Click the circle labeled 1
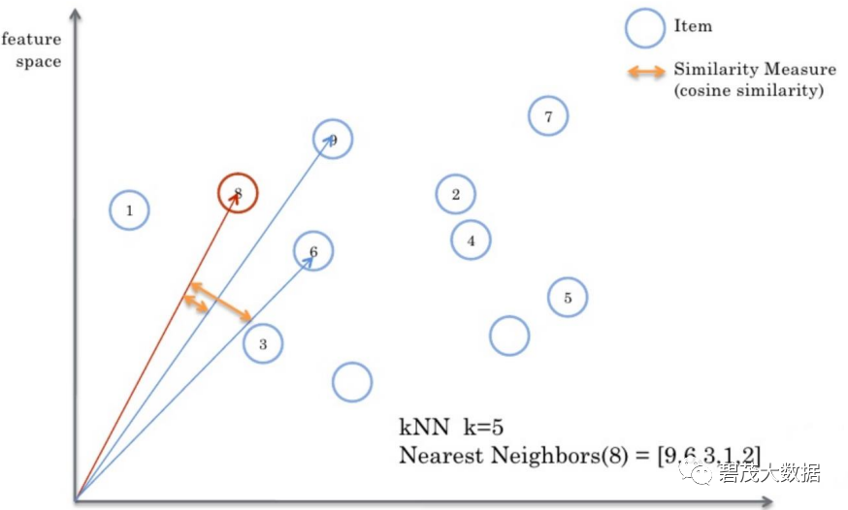[x=129, y=209]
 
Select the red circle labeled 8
[x=237, y=193]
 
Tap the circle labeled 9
[x=333, y=140]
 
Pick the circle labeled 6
[x=313, y=251]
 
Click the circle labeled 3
[x=263, y=343]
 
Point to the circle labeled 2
[x=455, y=194]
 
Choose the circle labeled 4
[x=472, y=239]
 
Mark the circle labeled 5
[x=568, y=298]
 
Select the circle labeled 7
[x=548, y=116]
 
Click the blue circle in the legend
[x=643, y=27]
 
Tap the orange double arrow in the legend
[x=643, y=71]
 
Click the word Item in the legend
[x=693, y=26]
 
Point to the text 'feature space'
[x=32, y=50]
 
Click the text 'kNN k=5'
[x=451, y=427]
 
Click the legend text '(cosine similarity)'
[x=748, y=90]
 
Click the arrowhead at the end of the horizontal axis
[x=766, y=501]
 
